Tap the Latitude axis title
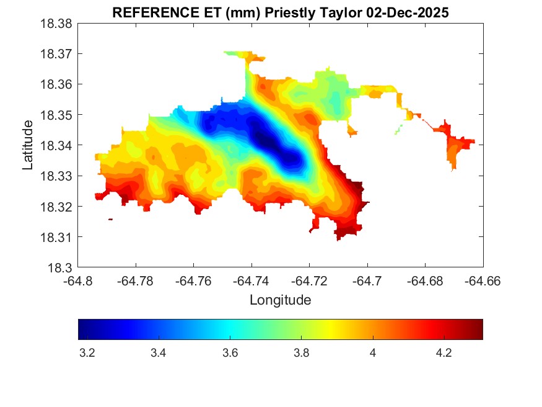[x=28, y=145]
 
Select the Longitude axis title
[x=280, y=300]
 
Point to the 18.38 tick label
[x=57, y=24]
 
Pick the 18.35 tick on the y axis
[x=57, y=115]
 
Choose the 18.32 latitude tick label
[x=57, y=207]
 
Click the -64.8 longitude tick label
[x=79, y=281]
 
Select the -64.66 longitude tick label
[x=483, y=281]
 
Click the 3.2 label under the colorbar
[x=87, y=353]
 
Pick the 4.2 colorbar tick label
[x=444, y=353]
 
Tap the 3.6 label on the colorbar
[x=230, y=353]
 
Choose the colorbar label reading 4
[x=372, y=353]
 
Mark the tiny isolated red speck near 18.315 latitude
[x=110, y=219]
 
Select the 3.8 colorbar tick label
[x=301, y=353]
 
